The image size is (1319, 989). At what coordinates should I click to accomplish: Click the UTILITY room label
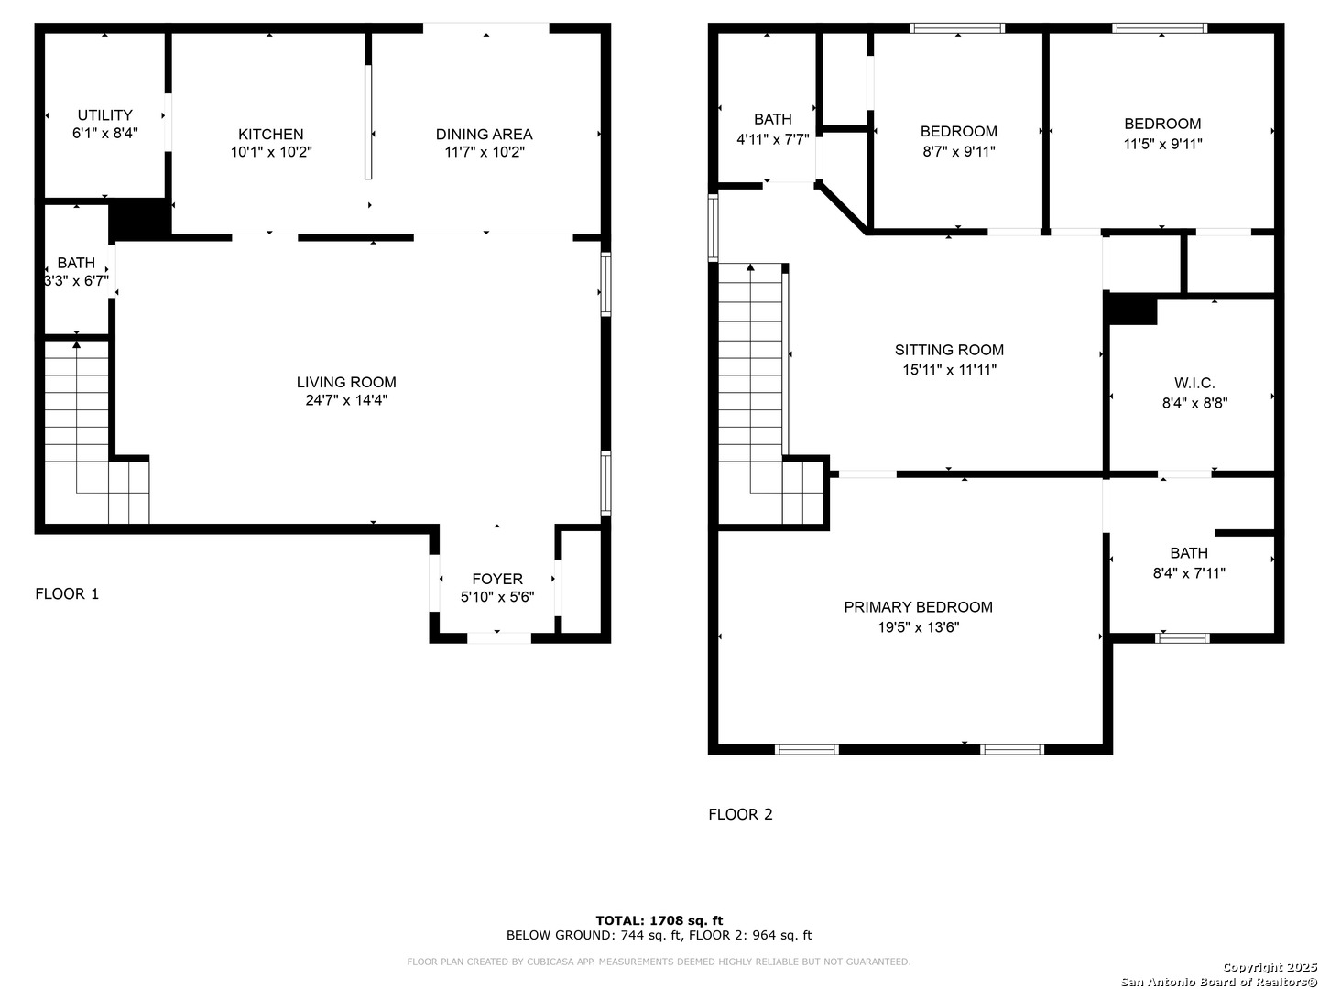104,114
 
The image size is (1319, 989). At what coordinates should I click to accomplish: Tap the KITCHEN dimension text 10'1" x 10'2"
271,152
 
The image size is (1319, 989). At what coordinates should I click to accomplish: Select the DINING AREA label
484,134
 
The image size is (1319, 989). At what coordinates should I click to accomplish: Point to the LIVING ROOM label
346,382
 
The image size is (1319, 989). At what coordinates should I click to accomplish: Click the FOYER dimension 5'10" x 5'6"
497,597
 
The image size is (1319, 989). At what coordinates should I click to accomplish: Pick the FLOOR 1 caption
67,594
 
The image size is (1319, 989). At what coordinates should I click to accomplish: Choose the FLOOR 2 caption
740,814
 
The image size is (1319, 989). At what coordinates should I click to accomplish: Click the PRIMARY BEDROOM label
918,607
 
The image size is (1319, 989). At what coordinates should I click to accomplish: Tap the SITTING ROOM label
949,350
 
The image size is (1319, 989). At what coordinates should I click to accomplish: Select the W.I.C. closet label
1194,383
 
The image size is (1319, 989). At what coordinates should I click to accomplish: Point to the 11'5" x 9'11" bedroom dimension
1162,144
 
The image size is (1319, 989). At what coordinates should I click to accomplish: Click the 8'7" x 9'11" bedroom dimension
958,151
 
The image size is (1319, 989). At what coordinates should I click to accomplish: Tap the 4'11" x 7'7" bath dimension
773,139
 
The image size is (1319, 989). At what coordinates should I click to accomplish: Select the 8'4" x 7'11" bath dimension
1189,573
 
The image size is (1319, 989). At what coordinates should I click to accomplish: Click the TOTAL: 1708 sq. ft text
659,920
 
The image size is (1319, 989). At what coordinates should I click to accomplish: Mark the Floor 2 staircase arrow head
750,267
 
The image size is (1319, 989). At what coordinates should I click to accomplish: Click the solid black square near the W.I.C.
1132,310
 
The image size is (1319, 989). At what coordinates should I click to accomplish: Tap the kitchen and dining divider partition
367,121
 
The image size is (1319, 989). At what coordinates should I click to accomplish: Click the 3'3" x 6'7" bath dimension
76,280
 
